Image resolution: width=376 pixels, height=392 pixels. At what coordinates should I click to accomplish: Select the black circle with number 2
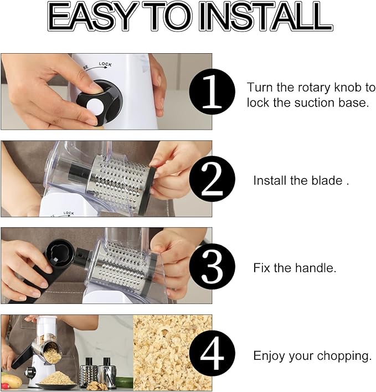click(x=212, y=179)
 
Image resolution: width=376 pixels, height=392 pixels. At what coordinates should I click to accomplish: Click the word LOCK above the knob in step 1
click(x=105, y=65)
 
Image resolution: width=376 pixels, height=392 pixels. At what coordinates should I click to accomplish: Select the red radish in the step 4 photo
click(x=5, y=385)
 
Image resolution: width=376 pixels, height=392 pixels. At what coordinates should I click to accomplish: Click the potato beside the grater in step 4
click(x=12, y=380)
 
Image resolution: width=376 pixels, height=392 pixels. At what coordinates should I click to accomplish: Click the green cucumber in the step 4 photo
click(x=125, y=382)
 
